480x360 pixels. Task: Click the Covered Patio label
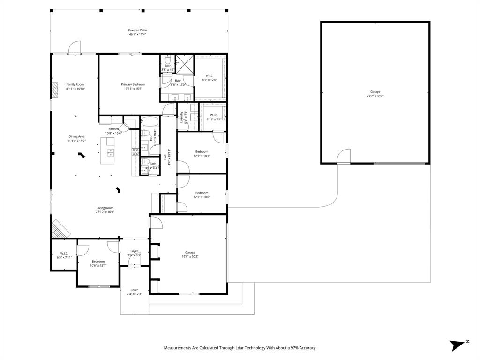[x=137, y=32]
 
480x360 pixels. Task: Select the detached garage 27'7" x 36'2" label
[x=375, y=94]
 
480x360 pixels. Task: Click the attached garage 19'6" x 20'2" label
[x=190, y=255]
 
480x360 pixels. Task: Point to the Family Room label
[x=75, y=86]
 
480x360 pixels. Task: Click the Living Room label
[x=105, y=210]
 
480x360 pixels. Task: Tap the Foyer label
[x=134, y=253]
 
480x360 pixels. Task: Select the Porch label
[x=134, y=292]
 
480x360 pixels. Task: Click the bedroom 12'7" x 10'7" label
[x=202, y=154]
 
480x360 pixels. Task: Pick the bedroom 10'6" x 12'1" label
[x=98, y=263]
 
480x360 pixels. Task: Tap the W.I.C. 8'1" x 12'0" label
[x=210, y=78]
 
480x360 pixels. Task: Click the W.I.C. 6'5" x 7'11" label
[x=64, y=255]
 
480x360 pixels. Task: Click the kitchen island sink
[x=111, y=152]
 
